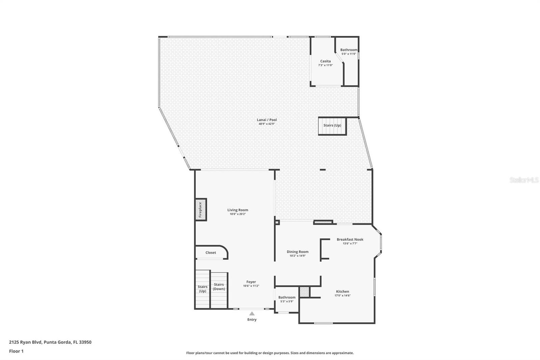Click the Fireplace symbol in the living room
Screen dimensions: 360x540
coord(200,210)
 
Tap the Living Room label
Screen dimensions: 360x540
coord(238,210)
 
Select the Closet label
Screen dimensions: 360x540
coord(211,253)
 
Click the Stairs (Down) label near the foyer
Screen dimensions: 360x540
coord(219,287)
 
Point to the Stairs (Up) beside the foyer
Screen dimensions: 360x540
coord(202,289)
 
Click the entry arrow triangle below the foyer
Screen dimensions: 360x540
coord(252,313)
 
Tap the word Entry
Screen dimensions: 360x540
coord(252,319)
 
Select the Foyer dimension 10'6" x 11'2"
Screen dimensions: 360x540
coord(251,286)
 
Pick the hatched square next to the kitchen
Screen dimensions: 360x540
coord(304,292)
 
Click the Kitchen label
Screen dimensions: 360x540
coord(343,291)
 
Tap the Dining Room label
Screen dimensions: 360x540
coord(298,252)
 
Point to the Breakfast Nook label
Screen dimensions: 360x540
coord(350,239)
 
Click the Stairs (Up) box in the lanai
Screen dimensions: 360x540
coord(332,126)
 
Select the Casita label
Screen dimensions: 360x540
coord(325,61)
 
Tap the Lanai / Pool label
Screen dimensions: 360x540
coord(267,120)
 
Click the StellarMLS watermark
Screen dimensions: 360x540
coord(524,180)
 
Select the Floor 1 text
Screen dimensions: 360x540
coord(16,351)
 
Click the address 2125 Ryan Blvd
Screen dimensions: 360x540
coord(50,342)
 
